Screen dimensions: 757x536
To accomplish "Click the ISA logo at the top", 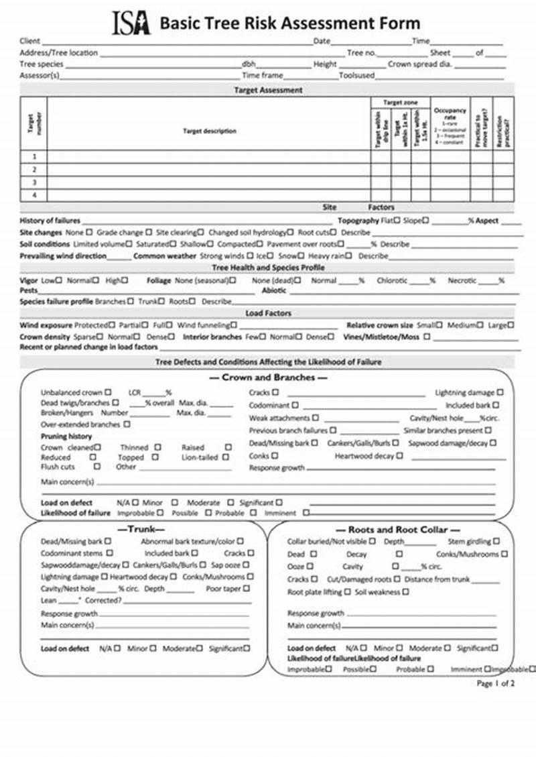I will (131, 23).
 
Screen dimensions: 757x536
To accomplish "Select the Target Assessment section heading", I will (268, 90).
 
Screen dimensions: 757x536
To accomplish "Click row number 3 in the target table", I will (34, 182).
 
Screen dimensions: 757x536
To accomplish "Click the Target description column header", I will (209, 131).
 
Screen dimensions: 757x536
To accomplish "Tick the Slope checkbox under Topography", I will (426, 220).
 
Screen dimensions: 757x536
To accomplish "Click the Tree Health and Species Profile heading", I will (268, 268).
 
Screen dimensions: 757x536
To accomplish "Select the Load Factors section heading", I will (268, 313).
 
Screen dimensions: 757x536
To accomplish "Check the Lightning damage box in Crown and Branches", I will (500, 392).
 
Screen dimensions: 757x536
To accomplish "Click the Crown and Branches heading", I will (268, 377).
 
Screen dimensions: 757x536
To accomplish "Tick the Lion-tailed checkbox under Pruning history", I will (225, 457).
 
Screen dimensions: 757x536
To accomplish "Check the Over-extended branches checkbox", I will (127, 424).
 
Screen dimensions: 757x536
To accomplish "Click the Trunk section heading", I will (141, 529).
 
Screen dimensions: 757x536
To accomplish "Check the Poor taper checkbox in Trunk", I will (246, 588).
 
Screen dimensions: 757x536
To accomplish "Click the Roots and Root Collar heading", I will (394, 529).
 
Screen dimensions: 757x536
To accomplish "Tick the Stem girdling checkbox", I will (496, 541).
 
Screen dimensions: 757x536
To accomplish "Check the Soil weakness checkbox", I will (406, 592).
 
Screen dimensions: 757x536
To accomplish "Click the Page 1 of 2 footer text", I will (495, 683).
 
